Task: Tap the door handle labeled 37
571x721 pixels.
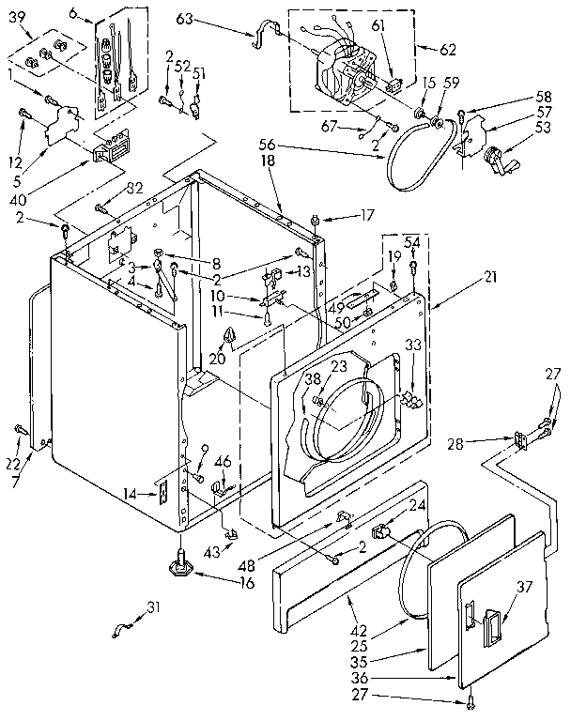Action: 492,625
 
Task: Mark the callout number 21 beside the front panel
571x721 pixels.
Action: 489,278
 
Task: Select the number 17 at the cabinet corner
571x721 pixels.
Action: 367,215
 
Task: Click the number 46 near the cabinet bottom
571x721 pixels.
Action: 223,461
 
